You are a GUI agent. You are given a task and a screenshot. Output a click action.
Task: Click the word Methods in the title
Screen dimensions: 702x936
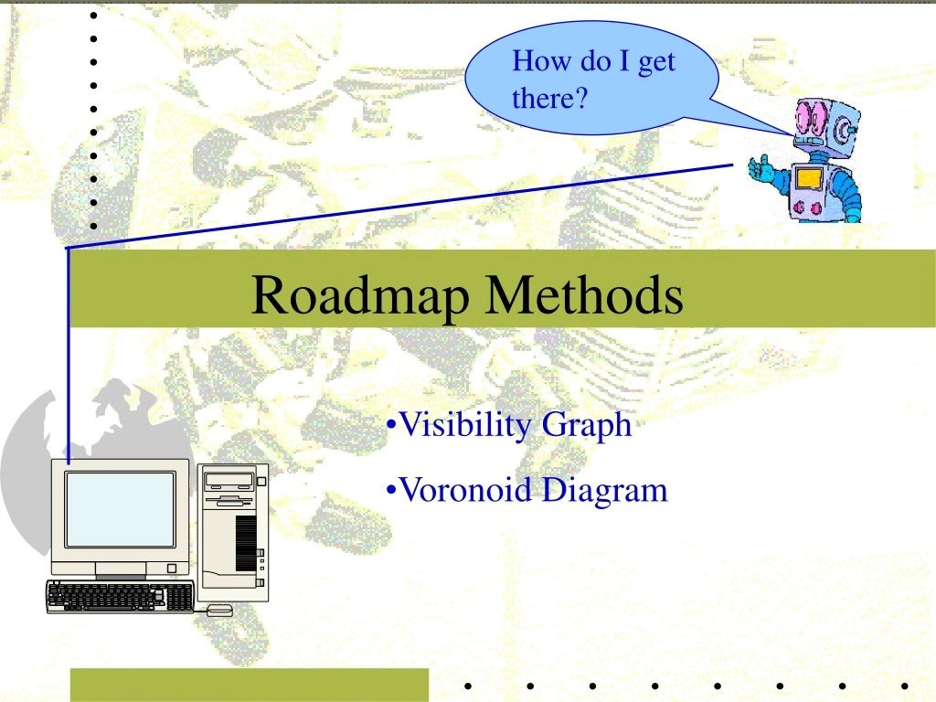point(584,294)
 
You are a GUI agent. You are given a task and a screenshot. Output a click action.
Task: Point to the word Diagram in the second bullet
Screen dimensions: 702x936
point(604,492)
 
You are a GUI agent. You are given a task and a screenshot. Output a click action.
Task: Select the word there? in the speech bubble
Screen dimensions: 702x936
point(548,98)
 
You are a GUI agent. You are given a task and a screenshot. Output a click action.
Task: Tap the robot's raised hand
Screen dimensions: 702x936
point(759,168)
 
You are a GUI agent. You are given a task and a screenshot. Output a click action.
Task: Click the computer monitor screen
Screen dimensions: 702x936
point(120,509)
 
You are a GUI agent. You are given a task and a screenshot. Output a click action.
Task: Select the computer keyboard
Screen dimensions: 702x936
point(120,597)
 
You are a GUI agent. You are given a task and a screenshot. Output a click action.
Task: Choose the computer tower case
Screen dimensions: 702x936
point(233,530)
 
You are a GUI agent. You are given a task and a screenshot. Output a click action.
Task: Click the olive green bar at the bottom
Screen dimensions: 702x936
point(249,685)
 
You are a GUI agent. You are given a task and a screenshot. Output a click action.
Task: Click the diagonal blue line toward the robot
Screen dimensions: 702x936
point(402,207)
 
